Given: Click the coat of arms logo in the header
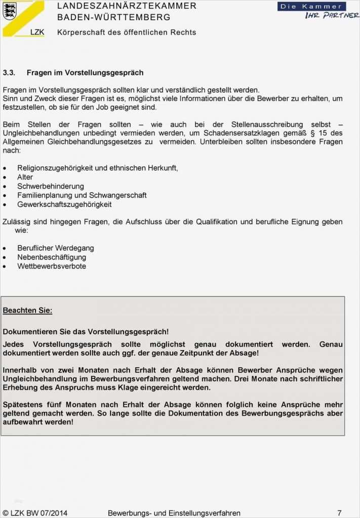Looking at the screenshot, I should (10, 11).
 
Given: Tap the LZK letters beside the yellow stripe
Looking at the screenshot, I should (37, 31).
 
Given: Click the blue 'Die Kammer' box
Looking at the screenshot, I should (311, 7).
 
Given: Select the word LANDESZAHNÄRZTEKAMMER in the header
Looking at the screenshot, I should (127, 6).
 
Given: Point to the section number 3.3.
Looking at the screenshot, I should (9, 73).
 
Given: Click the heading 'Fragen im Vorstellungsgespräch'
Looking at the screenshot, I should (85, 73).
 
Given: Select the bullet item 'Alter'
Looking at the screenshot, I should (25, 177).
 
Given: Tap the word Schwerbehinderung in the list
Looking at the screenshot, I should (51, 186).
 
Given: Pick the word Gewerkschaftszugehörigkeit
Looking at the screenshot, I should (64, 204).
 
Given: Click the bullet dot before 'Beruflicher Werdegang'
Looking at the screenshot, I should (5, 248).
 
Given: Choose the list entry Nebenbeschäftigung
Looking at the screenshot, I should (52, 257).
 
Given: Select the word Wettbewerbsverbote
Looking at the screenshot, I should (52, 266).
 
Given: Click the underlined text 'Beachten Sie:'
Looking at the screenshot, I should (27, 310).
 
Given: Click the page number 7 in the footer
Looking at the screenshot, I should (339, 512).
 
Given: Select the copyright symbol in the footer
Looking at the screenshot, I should (6, 512).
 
